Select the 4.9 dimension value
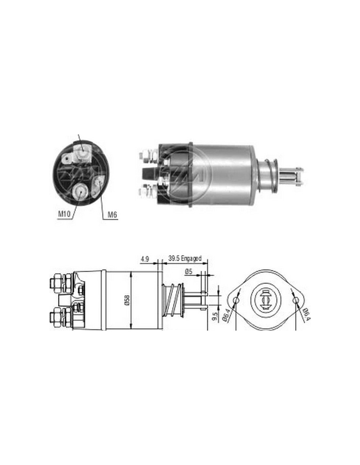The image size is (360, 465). click(145, 259)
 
